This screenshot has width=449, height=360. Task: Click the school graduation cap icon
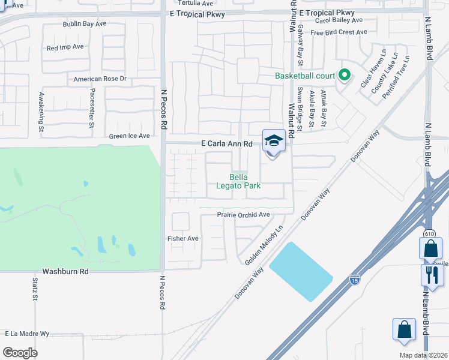274,141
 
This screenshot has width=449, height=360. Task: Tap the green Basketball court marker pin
344,76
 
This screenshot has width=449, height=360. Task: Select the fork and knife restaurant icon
432,275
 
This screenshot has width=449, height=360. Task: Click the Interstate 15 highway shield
355,279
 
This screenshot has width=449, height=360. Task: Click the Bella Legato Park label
238,181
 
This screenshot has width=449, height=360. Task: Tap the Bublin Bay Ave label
85,24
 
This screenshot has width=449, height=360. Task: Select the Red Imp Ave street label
65,47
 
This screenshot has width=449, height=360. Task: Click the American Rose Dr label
100,79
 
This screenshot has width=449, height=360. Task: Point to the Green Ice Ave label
129,136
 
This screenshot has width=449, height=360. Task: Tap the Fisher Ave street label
182,238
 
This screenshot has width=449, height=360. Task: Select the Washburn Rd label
65,271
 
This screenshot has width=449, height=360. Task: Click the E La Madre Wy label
27,333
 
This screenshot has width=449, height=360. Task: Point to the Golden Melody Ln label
264,245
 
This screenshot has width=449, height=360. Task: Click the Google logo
20,352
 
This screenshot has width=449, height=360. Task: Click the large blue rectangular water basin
301,272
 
